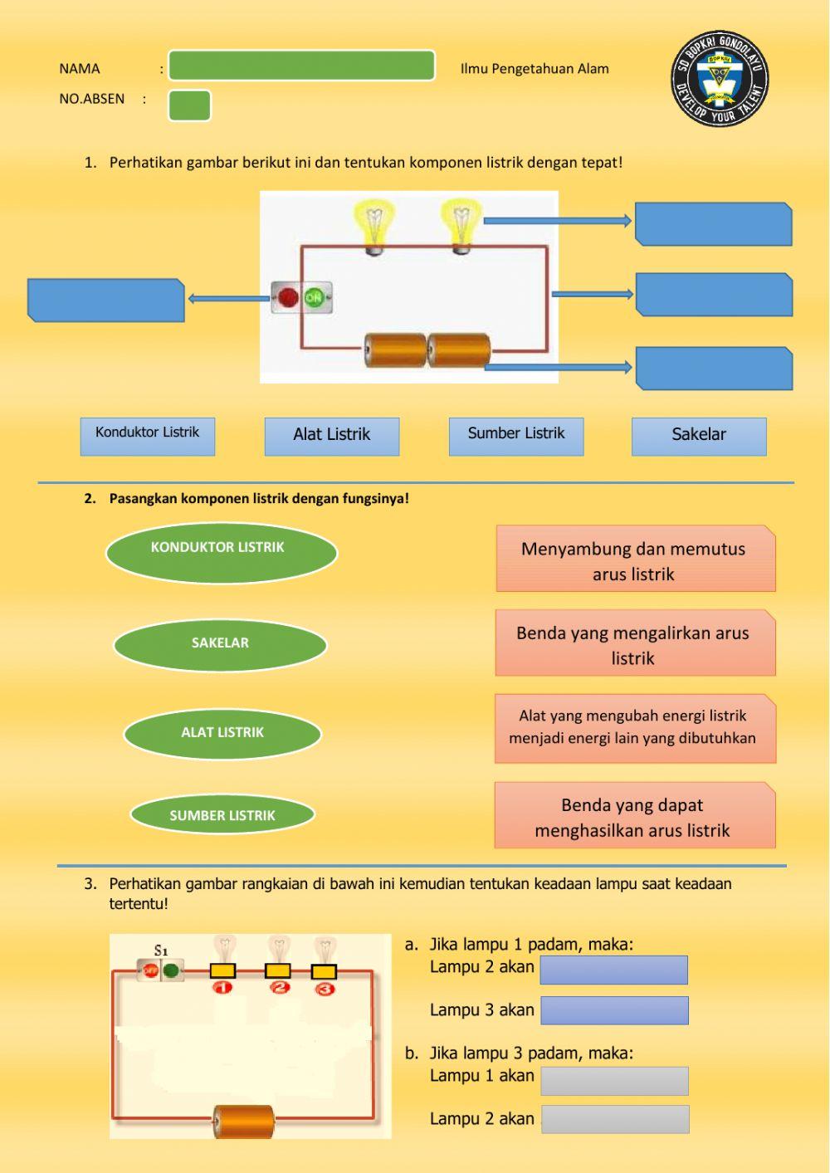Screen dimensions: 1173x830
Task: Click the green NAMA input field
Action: [301, 66]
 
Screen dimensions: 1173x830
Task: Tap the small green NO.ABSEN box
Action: [189, 105]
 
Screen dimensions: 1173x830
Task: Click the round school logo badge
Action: [720, 79]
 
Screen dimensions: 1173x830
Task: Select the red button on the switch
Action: [288, 297]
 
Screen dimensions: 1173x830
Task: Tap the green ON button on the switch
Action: [315, 297]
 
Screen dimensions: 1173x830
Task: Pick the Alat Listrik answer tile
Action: [332, 436]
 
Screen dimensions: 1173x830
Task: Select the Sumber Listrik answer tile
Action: [516, 436]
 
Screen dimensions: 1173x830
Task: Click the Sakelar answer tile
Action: [699, 436]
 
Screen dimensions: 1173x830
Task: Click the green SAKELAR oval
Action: [220, 644]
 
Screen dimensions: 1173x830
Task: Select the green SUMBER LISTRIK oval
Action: [222, 815]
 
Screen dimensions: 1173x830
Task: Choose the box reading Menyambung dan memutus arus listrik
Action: [635, 559]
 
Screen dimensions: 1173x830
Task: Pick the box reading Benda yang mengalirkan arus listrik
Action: [635, 643]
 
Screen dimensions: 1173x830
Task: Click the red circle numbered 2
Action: [279, 988]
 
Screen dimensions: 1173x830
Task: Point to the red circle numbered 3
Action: [325, 988]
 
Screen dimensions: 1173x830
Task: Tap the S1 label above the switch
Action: [161, 950]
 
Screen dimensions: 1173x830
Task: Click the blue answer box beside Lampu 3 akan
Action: [614, 1010]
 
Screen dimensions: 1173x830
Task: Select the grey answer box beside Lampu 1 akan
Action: [614, 1081]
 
